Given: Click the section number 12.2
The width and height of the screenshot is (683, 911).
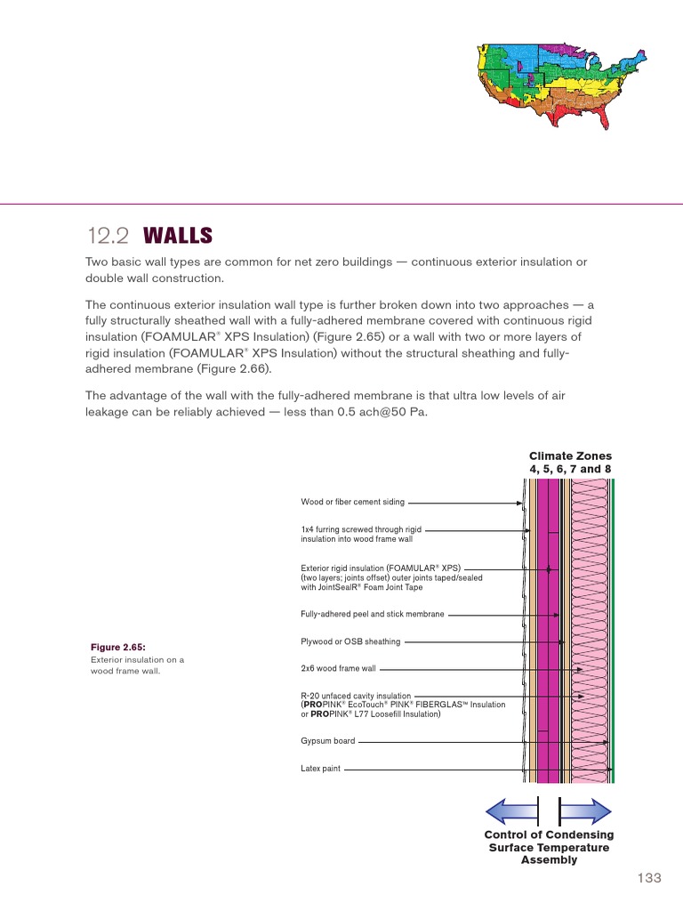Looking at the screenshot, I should coord(107,236).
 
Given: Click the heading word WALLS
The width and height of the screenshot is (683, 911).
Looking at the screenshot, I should coord(177,236).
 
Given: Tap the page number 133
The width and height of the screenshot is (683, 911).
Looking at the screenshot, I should coord(649,878).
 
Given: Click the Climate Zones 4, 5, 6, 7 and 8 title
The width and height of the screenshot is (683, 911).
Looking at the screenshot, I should coord(570,463).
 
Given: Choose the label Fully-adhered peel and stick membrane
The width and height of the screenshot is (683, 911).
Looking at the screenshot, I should coord(372,614).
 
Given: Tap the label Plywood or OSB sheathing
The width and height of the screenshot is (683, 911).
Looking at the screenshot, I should coord(350,641).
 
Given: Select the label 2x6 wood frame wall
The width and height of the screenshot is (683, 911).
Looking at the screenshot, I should coord(339,668).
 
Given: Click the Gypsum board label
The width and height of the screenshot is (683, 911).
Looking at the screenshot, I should coord(327,740).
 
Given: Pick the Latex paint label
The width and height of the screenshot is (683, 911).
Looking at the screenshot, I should coord(320,768).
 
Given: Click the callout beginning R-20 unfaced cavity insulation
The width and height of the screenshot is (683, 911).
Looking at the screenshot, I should coord(402,704).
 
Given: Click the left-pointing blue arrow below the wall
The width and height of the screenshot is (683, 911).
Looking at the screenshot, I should coord(510,810).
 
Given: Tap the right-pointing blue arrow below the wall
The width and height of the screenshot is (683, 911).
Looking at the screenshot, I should coord(585,810).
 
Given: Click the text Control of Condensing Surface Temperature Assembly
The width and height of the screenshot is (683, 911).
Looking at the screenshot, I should coord(548,847).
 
